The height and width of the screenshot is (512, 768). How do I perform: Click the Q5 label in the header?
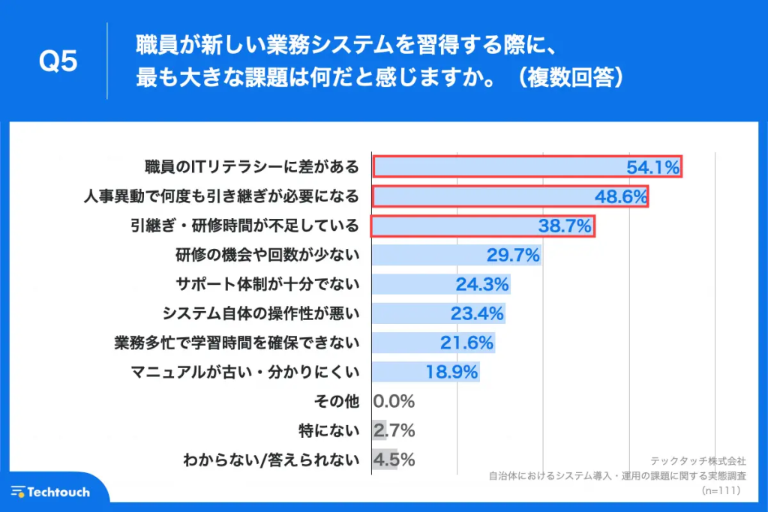[58, 62]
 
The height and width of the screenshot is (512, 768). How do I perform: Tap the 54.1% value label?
[652, 167]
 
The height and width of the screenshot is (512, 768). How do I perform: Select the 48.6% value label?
[620, 196]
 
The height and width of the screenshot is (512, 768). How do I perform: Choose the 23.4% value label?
[477, 313]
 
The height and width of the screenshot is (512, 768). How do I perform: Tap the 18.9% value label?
[451, 372]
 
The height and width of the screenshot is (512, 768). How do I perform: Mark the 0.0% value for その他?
[394, 401]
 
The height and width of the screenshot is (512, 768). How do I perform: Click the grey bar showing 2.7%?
[379, 430]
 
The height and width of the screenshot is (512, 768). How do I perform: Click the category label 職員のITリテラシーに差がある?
[252, 167]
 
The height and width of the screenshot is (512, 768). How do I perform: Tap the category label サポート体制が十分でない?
[268, 284]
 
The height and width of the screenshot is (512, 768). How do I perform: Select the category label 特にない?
[328, 430]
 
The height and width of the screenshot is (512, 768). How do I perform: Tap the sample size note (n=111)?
[721, 491]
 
